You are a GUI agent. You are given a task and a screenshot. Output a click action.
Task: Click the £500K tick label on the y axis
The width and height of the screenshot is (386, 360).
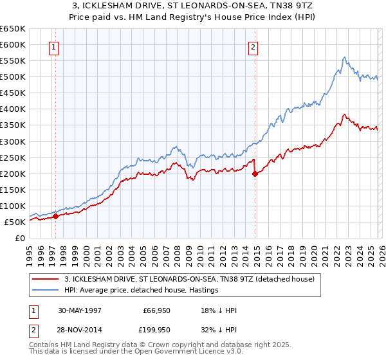pos(13,77)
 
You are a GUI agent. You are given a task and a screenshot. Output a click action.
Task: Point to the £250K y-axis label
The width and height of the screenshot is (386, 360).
pos(13,157)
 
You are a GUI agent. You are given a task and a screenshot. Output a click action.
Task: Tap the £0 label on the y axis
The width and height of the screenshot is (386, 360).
pos(20,239)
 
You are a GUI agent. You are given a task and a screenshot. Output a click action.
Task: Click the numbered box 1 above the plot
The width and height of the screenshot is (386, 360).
pos(54,47)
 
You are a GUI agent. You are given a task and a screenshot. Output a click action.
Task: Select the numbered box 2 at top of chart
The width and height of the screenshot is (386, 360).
pos(253,47)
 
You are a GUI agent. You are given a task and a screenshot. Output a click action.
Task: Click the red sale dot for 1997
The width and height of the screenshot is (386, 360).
pos(56,216)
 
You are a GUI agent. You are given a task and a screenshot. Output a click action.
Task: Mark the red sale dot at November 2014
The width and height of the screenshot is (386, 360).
pos(255,173)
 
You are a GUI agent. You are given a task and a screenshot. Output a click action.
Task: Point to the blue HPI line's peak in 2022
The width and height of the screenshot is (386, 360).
pos(345,57)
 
